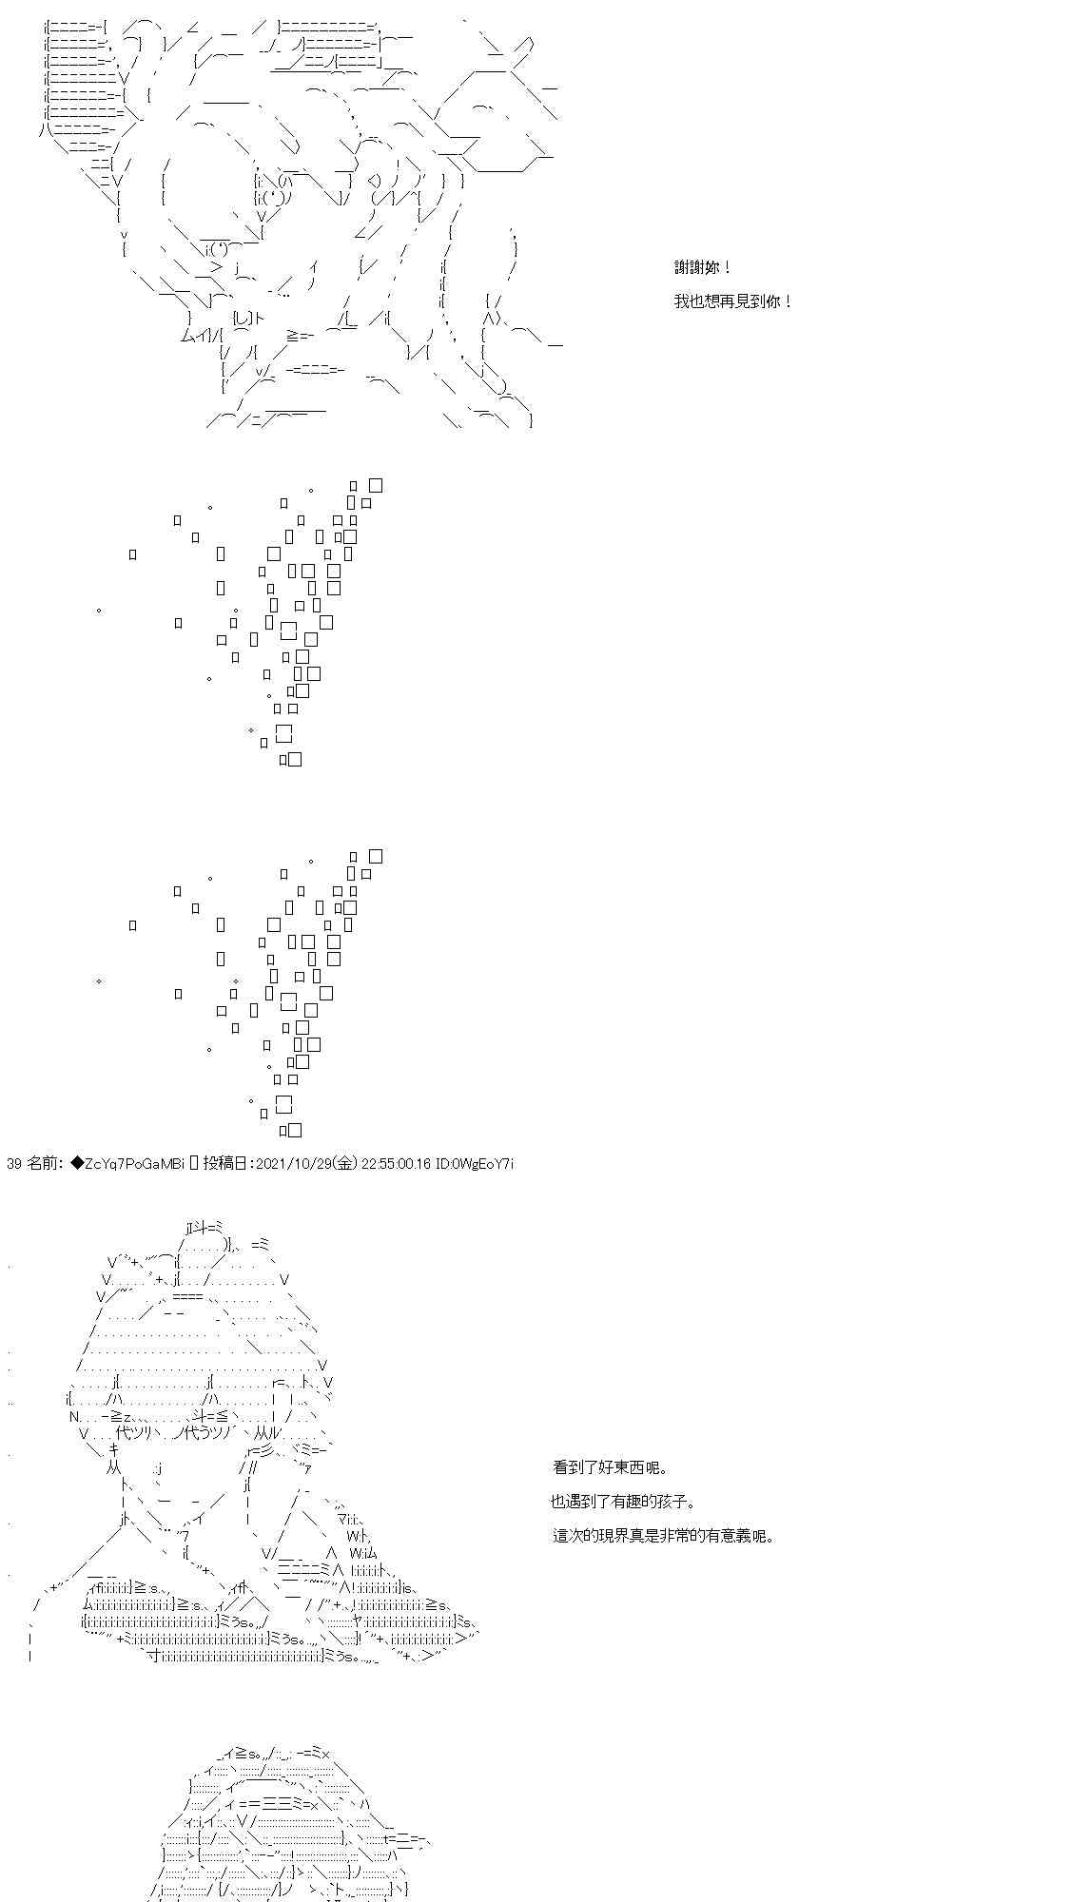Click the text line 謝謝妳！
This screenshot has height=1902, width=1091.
(x=703, y=269)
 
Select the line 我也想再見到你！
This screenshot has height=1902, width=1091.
(x=733, y=301)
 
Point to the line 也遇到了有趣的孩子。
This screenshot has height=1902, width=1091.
(x=623, y=1502)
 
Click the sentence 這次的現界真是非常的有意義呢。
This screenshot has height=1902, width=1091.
(x=663, y=1535)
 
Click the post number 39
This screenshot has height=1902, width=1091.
(x=13, y=1163)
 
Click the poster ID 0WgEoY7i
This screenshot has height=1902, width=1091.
(x=482, y=1163)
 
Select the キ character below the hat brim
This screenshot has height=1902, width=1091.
(x=113, y=1449)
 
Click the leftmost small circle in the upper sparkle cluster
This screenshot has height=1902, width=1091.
(x=99, y=610)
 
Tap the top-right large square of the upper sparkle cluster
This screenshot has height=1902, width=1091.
(x=375, y=485)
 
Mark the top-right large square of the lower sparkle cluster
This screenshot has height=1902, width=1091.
(x=375, y=856)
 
